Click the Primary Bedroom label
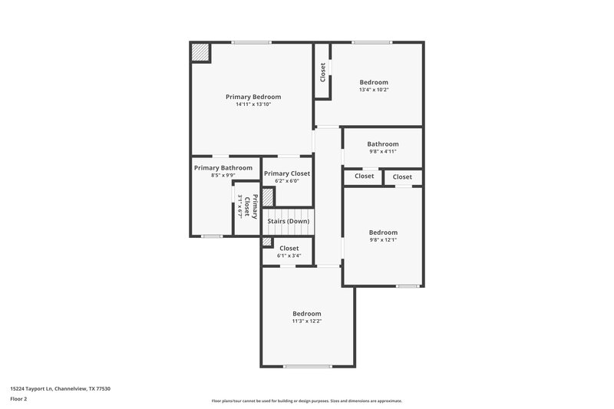coord(253,97)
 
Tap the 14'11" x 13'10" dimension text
coord(253,104)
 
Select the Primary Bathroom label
coord(223,168)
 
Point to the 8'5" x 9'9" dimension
coord(223,176)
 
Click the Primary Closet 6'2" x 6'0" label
coord(287,177)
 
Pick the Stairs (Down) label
coord(289,221)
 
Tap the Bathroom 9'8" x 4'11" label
coord(383,147)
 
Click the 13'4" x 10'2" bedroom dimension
coord(374,90)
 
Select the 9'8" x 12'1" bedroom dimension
coord(383,239)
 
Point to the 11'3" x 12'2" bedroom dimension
coord(306,321)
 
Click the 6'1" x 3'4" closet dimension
coord(289,256)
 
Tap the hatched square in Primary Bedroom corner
coord(200,51)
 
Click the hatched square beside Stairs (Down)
coord(268,196)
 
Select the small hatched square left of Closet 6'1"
coord(267,242)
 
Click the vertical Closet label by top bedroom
coord(323,72)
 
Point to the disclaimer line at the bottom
coord(306,401)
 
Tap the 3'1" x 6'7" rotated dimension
coord(240,207)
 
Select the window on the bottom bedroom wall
coord(307,366)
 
